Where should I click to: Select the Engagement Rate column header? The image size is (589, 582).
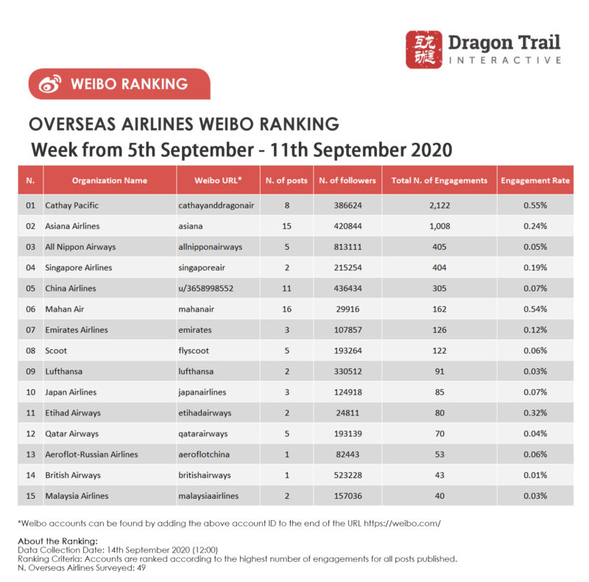(x=535, y=180)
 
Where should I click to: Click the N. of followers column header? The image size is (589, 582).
(x=347, y=180)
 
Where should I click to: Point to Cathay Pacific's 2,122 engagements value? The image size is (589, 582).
(x=440, y=205)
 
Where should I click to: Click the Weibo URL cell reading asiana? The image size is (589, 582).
(x=192, y=226)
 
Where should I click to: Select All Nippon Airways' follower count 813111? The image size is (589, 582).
(x=347, y=247)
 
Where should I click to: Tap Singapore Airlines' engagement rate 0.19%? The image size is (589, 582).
(x=535, y=267)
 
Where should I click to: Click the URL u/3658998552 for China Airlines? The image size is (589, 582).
(x=206, y=288)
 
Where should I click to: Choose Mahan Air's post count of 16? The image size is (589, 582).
(x=286, y=309)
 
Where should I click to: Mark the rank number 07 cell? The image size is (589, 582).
(x=30, y=330)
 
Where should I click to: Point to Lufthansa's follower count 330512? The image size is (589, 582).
(x=347, y=371)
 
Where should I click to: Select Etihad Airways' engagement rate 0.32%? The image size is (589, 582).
(x=535, y=413)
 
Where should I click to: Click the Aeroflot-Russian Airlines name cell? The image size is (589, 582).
(x=91, y=455)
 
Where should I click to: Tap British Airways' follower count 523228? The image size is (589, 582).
(x=347, y=475)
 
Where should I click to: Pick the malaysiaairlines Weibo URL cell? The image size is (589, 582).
(x=208, y=496)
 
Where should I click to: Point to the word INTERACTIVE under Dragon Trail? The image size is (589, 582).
(x=505, y=60)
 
